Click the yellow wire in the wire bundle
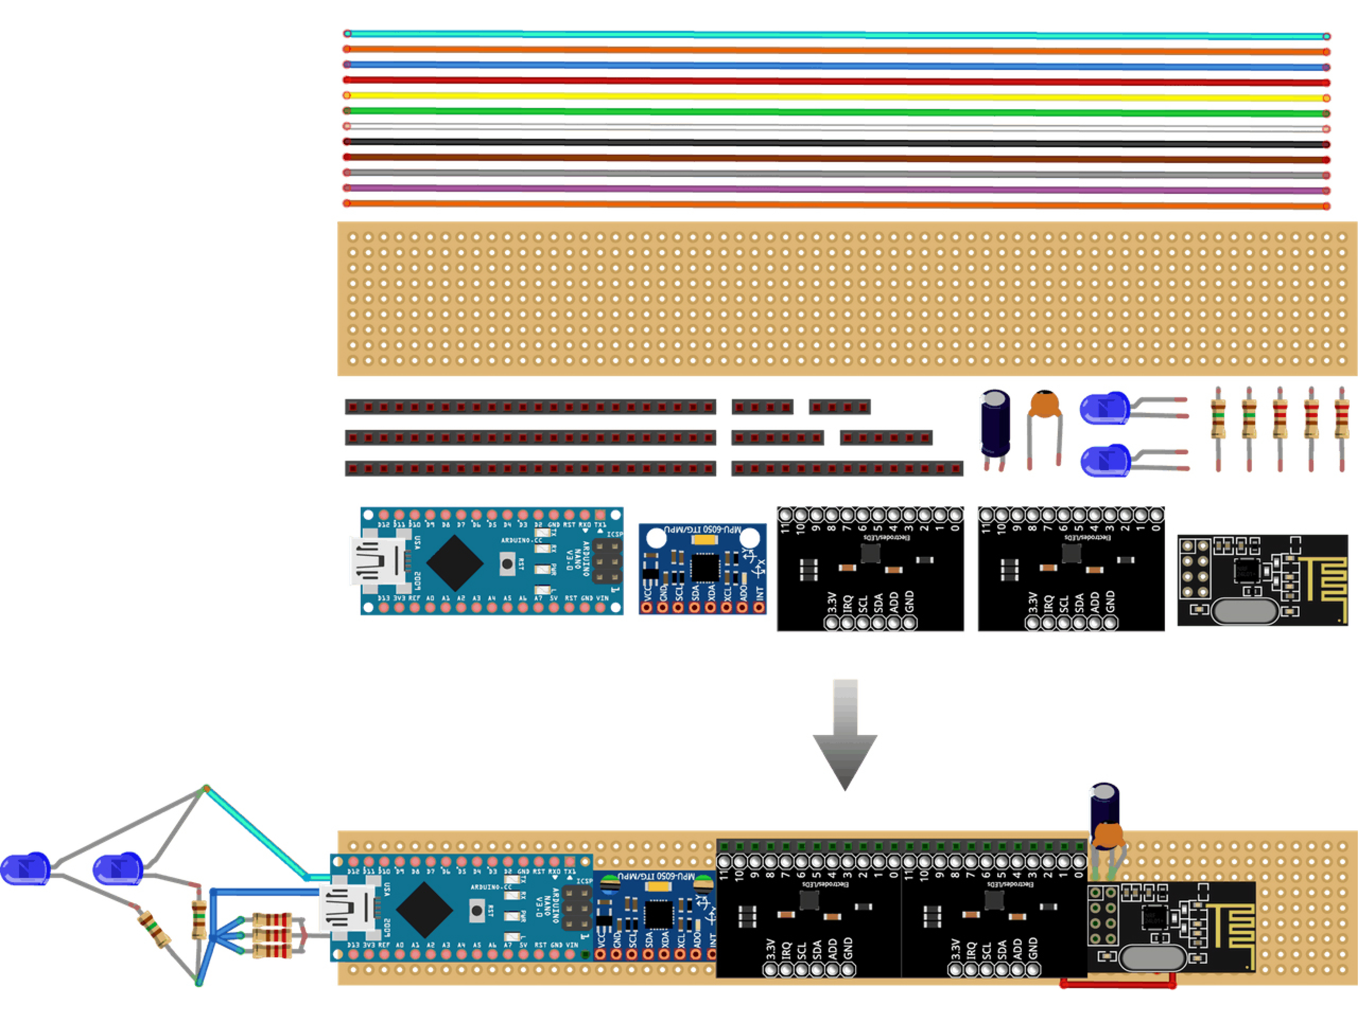(x=835, y=96)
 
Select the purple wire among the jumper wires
(x=835, y=189)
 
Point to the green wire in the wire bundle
(x=835, y=112)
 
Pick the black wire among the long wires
(x=835, y=143)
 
